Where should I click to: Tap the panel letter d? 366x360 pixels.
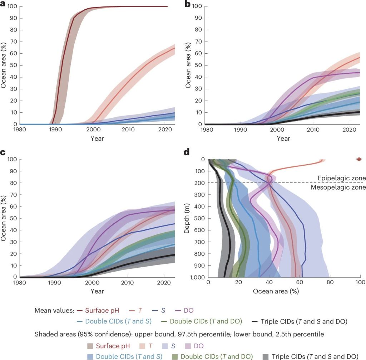[x=186, y=153]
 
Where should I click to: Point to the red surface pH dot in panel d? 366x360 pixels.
[x=359, y=159]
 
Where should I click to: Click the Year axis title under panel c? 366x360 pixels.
[x=97, y=291]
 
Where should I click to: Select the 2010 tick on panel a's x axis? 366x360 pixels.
[x=131, y=131]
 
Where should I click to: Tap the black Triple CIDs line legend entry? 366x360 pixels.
[x=304, y=321]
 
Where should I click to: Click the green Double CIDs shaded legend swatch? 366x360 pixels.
[x=175, y=356]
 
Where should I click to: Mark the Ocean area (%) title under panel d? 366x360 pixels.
[x=276, y=291]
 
